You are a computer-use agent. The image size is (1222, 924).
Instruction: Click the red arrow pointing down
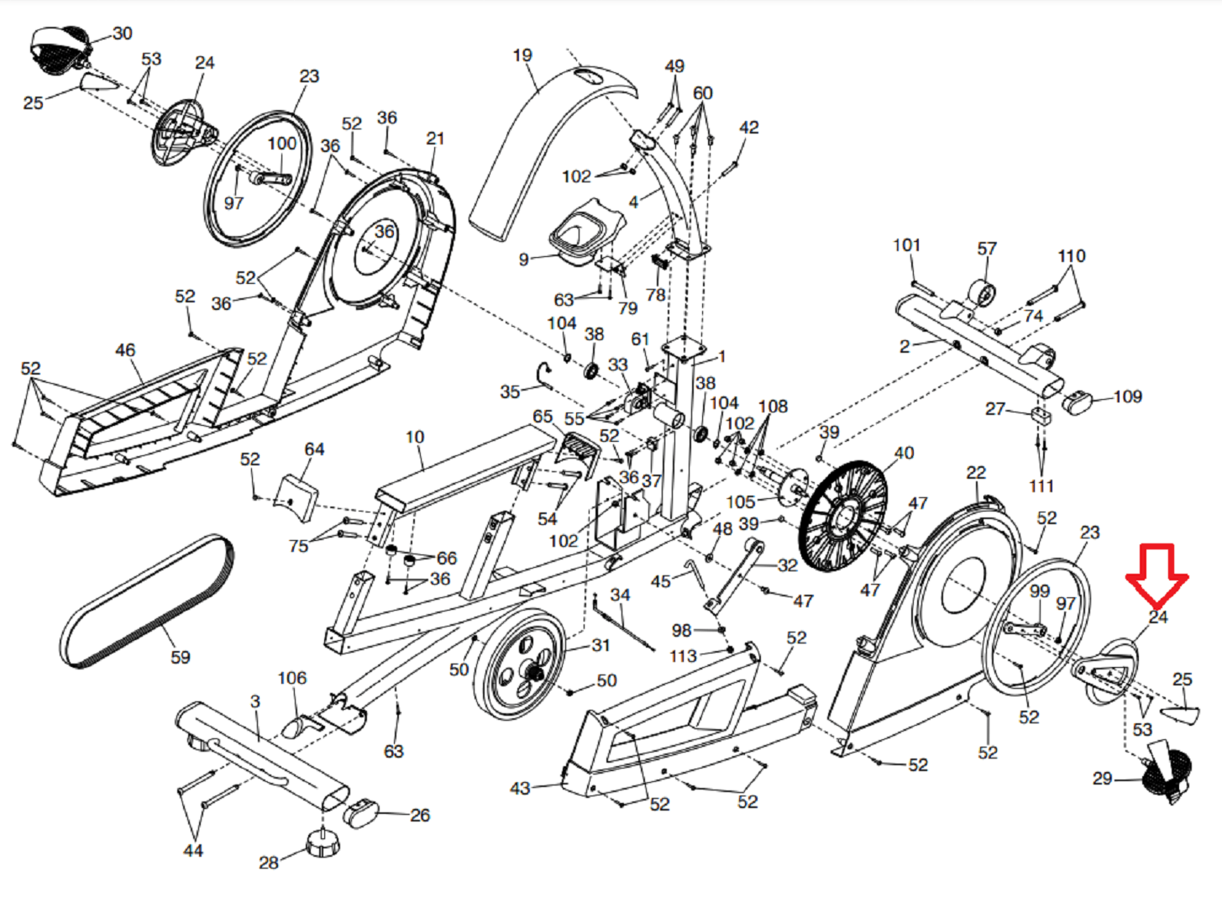click(x=1156, y=575)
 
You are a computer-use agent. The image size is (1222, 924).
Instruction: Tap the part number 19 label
click(x=522, y=55)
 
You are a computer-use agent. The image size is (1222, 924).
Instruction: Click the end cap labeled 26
click(x=362, y=813)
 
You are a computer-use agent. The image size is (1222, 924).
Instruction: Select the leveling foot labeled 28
click(x=321, y=843)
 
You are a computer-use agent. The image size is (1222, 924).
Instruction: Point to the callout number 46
click(x=125, y=350)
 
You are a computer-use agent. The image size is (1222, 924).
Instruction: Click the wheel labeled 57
click(x=982, y=294)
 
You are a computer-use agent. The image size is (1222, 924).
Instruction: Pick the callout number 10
click(x=415, y=437)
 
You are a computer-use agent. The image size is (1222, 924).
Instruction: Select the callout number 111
click(x=1041, y=486)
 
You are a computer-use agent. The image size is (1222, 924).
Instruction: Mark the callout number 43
click(x=521, y=788)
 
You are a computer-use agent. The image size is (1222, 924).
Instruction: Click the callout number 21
click(x=435, y=139)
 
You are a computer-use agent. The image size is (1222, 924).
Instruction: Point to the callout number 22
click(x=976, y=473)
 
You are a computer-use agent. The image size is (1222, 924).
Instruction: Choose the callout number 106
click(x=292, y=678)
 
